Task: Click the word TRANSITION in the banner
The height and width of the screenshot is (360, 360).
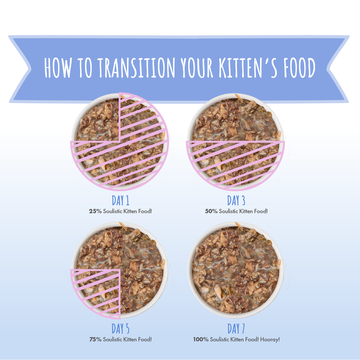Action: (x=136, y=68)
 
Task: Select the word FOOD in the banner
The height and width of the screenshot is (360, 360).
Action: (x=299, y=68)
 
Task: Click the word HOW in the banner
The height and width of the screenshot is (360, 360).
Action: (x=58, y=68)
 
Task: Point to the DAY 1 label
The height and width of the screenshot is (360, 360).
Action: (x=120, y=201)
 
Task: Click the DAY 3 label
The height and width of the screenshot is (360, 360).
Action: (x=236, y=201)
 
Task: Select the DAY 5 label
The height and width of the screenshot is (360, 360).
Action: (x=120, y=329)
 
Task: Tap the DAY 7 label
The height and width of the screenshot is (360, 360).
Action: (x=236, y=329)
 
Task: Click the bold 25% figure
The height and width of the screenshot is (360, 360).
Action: (x=95, y=211)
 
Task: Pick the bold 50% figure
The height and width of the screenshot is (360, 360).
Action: (x=211, y=211)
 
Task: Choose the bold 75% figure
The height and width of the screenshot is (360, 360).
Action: (x=95, y=340)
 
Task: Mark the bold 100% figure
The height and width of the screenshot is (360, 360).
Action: (x=201, y=340)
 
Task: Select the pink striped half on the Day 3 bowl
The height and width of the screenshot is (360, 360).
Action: (x=236, y=163)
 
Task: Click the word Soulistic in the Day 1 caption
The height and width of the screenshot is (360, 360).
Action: (x=112, y=211)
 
